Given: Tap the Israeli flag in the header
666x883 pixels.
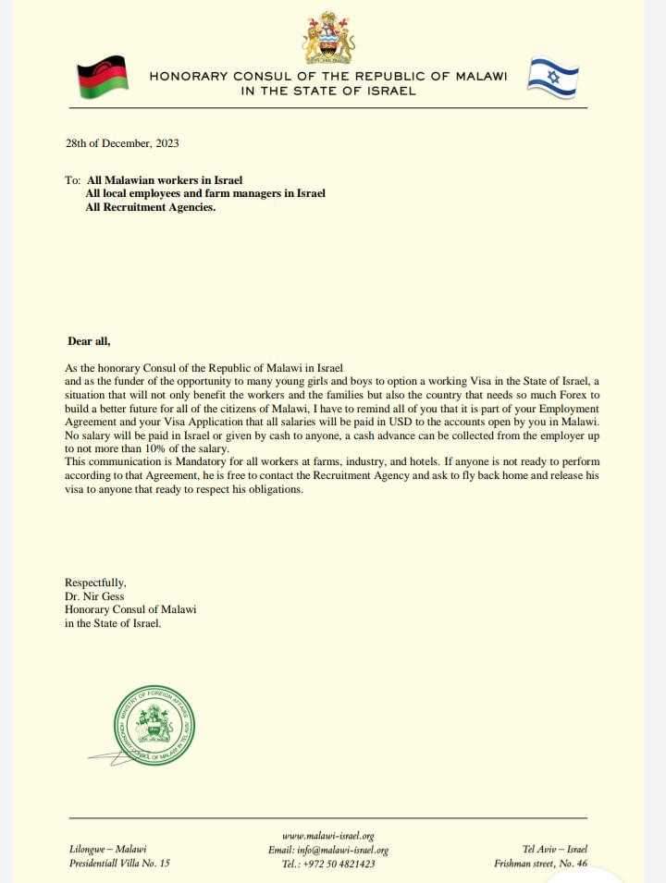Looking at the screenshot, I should coord(552,76).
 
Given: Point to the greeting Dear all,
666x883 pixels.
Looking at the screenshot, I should coord(89,341).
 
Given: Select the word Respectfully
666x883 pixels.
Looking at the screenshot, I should coord(94,583).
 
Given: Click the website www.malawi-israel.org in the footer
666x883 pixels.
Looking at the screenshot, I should coord(327,836).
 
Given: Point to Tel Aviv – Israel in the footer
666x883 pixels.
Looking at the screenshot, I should coord(555,850).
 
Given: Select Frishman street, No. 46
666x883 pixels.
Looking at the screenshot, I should coord(541,864).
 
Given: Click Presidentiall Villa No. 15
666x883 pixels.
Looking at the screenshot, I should coord(119,864).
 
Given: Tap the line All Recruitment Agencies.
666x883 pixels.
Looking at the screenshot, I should coord(150,208).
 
